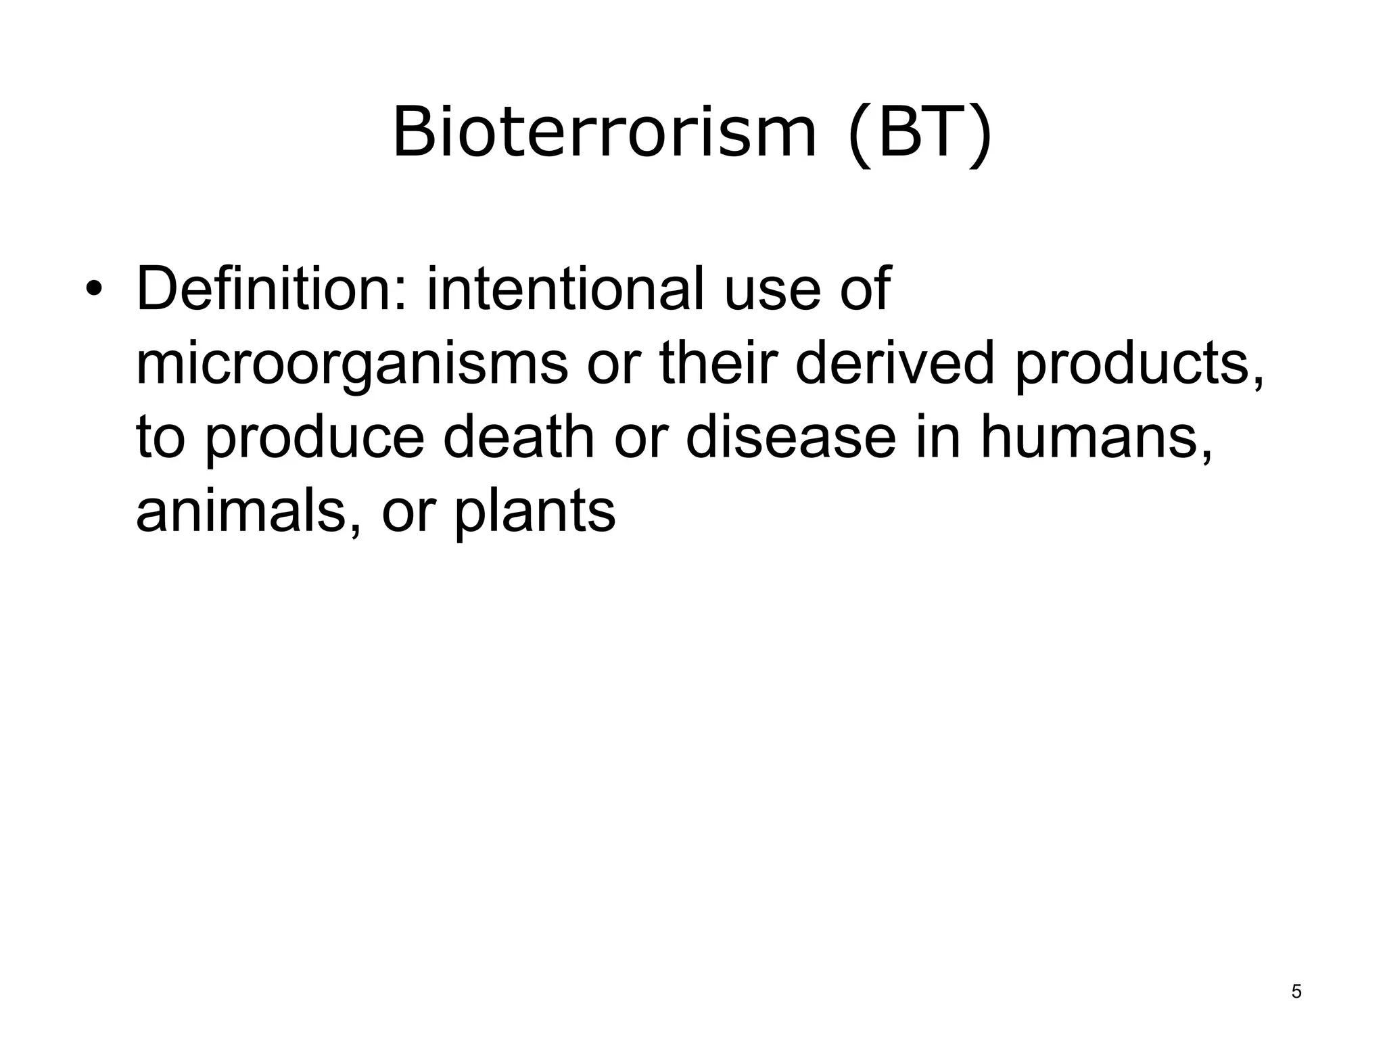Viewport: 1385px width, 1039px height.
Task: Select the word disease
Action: tap(791, 438)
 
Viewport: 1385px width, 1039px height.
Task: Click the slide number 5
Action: tap(1296, 992)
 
